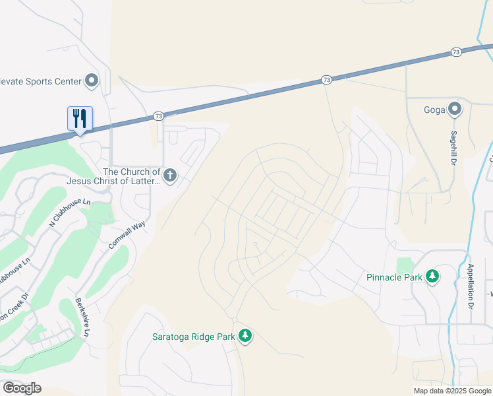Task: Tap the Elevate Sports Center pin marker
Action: coord(92,81)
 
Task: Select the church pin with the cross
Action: coord(170,176)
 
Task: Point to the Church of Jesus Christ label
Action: coord(113,176)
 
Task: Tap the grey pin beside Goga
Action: coord(454,108)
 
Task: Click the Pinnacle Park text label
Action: coord(394,277)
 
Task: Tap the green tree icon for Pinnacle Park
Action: coord(432,277)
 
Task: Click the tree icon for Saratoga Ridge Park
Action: coord(245,336)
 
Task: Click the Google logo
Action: coord(22,388)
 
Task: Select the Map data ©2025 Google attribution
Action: coord(452,391)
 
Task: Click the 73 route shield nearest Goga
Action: coord(456,51)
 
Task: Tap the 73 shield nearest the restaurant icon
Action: coord(158,115)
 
